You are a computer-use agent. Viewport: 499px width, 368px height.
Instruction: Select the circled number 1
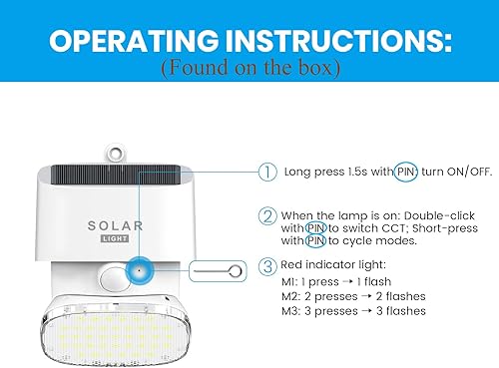266,172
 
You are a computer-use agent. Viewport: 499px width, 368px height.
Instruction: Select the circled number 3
266,266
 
